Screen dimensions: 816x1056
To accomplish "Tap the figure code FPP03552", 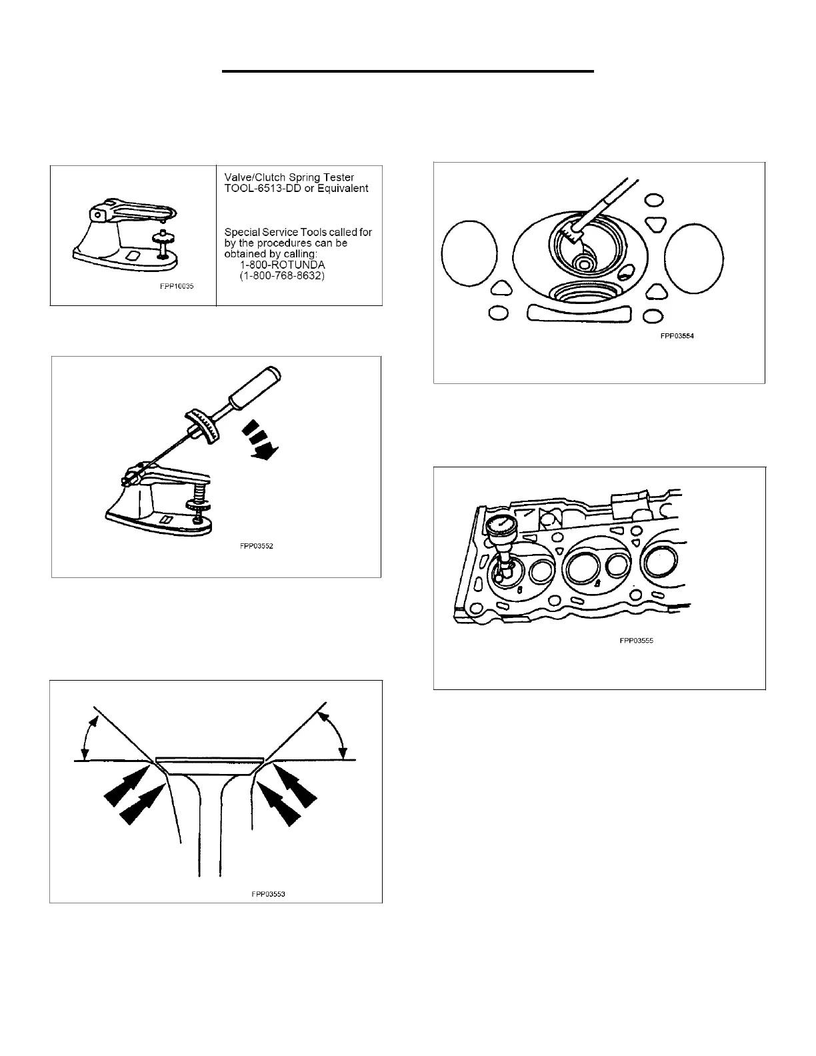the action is pyautogui.click(x=257, y=546).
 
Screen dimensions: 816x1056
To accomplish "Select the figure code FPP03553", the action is pyautogui.click(x=268, y=894).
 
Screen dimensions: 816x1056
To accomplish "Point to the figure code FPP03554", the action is pyautogui.click(x=677, y=336).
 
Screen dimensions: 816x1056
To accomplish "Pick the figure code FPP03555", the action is pyautogui.click(x=637, y=641).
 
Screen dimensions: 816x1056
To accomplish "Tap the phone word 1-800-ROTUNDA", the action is pyautogui.click(x=283, y=265).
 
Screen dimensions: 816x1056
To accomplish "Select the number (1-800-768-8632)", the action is pyautogui.click(x=282, y=275).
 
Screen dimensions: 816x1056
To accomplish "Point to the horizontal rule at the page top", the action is pyautogui.click(x=407, y=71).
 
